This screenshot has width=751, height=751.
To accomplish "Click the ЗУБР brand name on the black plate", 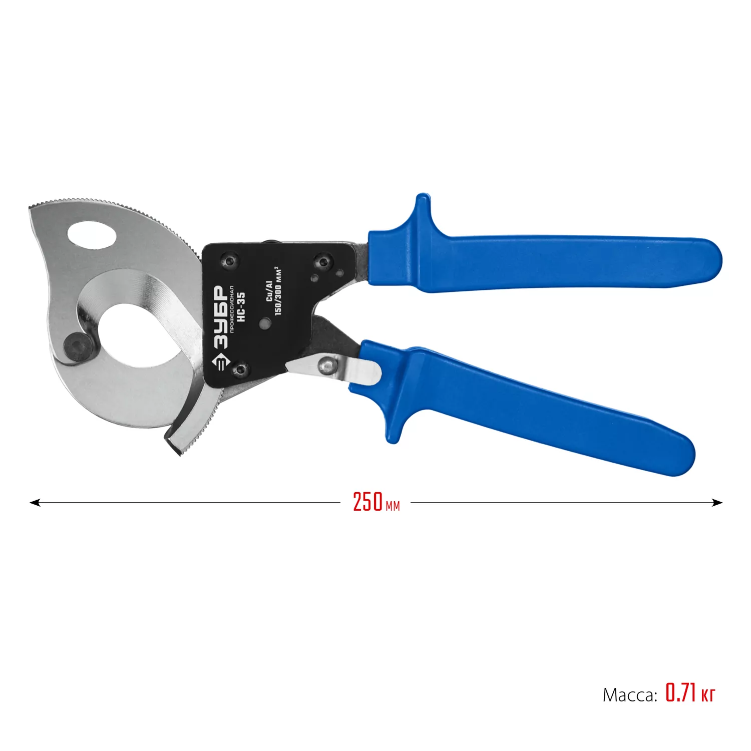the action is (x=220, y=317).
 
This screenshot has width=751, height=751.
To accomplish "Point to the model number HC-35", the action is (x=241, y=307).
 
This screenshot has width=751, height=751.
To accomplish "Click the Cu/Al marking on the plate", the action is (x=269, y=291).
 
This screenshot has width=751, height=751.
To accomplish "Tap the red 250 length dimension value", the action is (x=368, y=502).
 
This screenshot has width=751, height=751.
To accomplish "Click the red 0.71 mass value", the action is (x=681, y=693).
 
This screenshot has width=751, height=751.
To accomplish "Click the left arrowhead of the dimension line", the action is (x=34, y=502).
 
